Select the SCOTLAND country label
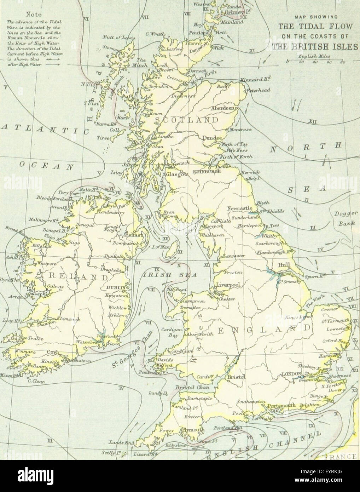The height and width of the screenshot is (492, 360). (x=186, y=120)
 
